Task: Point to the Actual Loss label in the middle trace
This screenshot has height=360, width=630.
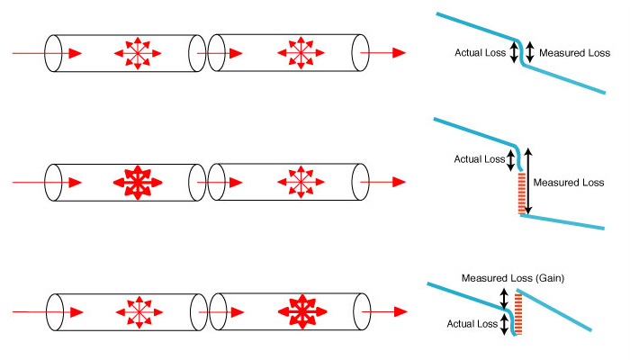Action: [x=480, y=160]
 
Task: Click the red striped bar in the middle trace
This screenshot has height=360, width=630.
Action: [x=519, y=194]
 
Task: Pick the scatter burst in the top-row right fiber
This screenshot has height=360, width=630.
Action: [x=298, y=54]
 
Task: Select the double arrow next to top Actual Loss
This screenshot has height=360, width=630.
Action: [x=514, y=52]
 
